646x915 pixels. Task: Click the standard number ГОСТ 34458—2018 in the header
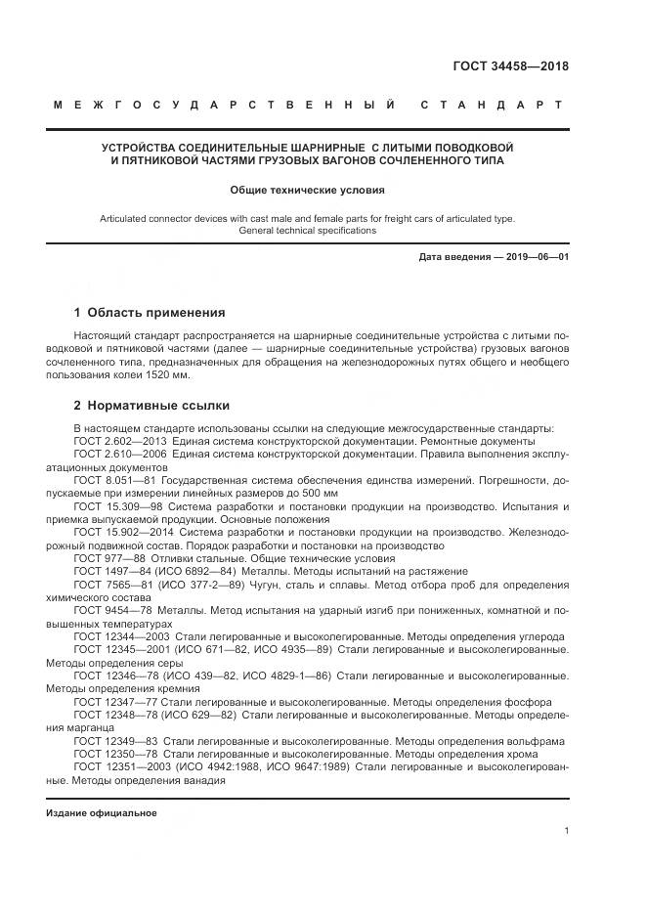point(510,67)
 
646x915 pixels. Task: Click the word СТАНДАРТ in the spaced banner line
point(491,105)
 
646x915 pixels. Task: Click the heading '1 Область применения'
point(150,313)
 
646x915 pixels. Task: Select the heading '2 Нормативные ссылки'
point(151,405)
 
